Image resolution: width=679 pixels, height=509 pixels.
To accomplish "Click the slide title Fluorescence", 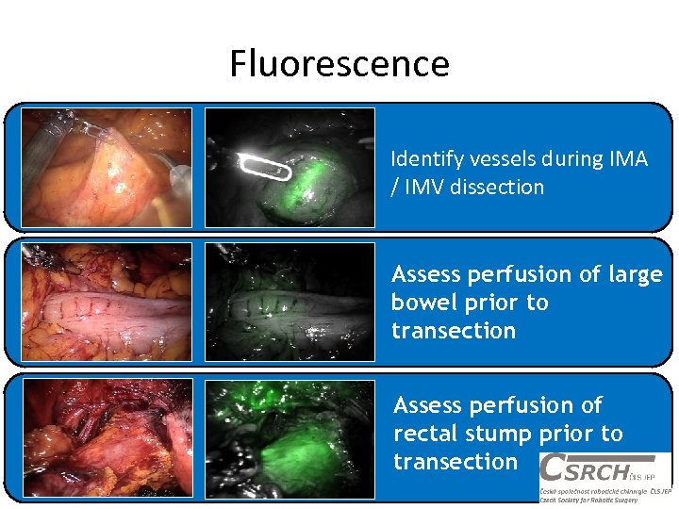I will coord(339,64).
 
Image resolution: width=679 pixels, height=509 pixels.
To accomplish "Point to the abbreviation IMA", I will coord(628,159).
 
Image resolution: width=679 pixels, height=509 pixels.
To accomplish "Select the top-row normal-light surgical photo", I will coord(107,167).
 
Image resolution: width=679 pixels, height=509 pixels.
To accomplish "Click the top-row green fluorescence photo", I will coord(290,167).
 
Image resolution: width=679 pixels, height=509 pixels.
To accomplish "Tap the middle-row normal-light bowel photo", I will coord(107,301).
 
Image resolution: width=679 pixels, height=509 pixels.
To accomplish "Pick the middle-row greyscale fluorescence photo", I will coord(290,301).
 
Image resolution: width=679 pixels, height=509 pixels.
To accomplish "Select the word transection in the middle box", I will coord(454,331).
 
